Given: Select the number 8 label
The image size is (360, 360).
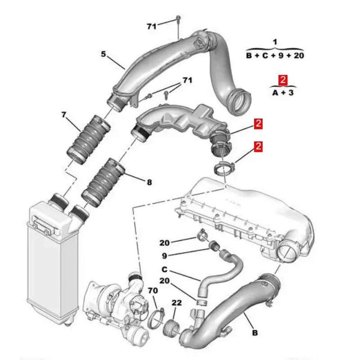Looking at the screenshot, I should (149, 182).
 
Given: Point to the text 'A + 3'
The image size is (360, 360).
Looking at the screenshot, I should (283, 93).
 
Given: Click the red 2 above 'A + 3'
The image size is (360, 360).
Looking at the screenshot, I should (283, 81).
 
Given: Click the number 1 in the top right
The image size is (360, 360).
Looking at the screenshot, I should (275, 42).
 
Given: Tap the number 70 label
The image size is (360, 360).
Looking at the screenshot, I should (153, 291).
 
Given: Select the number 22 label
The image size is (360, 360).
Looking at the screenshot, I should (176, 303).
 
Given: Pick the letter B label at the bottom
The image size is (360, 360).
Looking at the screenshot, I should (255, 333).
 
